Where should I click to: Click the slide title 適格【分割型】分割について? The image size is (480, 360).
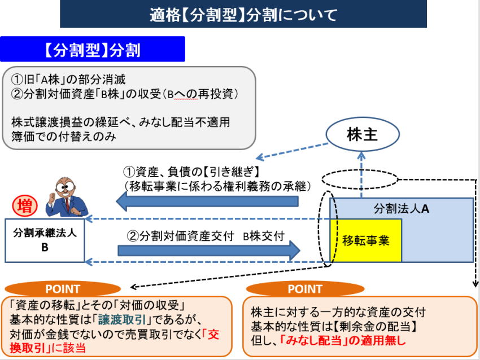point(243,14)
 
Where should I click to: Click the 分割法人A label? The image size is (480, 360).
point(402,208)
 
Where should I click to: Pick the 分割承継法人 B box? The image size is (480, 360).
point(45,240)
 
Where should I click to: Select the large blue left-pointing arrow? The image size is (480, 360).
point(215,199)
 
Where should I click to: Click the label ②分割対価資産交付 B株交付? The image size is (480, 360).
point(206,236)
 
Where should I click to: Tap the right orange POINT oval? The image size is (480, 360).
point(304,289)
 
